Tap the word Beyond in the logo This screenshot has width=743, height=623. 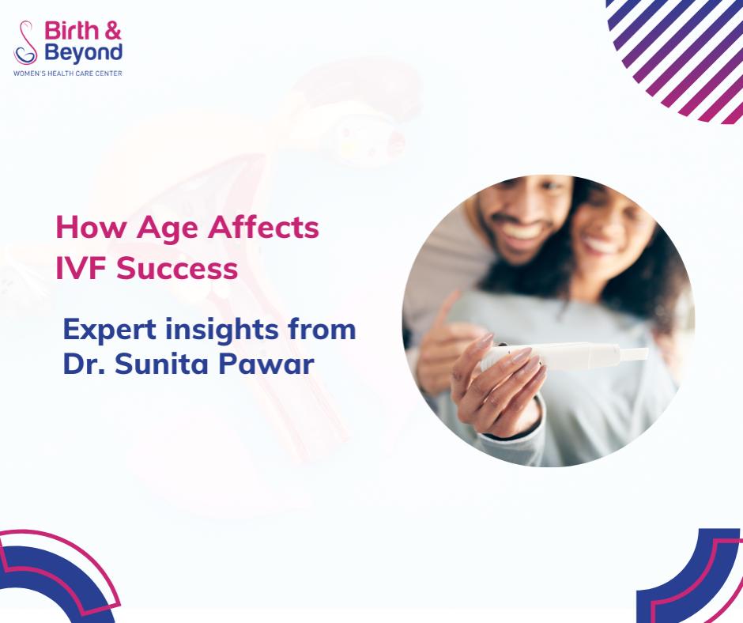click(x=84, y=53)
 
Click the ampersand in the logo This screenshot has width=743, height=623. click(x=113, y=31)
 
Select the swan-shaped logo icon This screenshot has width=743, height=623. click(x=25, y=43)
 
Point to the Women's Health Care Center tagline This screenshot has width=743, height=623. click(x=68, y=74)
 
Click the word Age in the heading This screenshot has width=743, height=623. click(x=168, y=228)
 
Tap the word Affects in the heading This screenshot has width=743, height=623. click(x=263, y=227)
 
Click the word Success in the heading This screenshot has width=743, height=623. click(x=177, y=268)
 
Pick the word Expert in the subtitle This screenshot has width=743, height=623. click(x=109, y=330)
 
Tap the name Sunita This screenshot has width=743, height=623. click(x=161, y=364)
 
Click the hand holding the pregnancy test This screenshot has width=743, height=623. click(x=497, y=385)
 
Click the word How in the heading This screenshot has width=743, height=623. click(x=92, y=227)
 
